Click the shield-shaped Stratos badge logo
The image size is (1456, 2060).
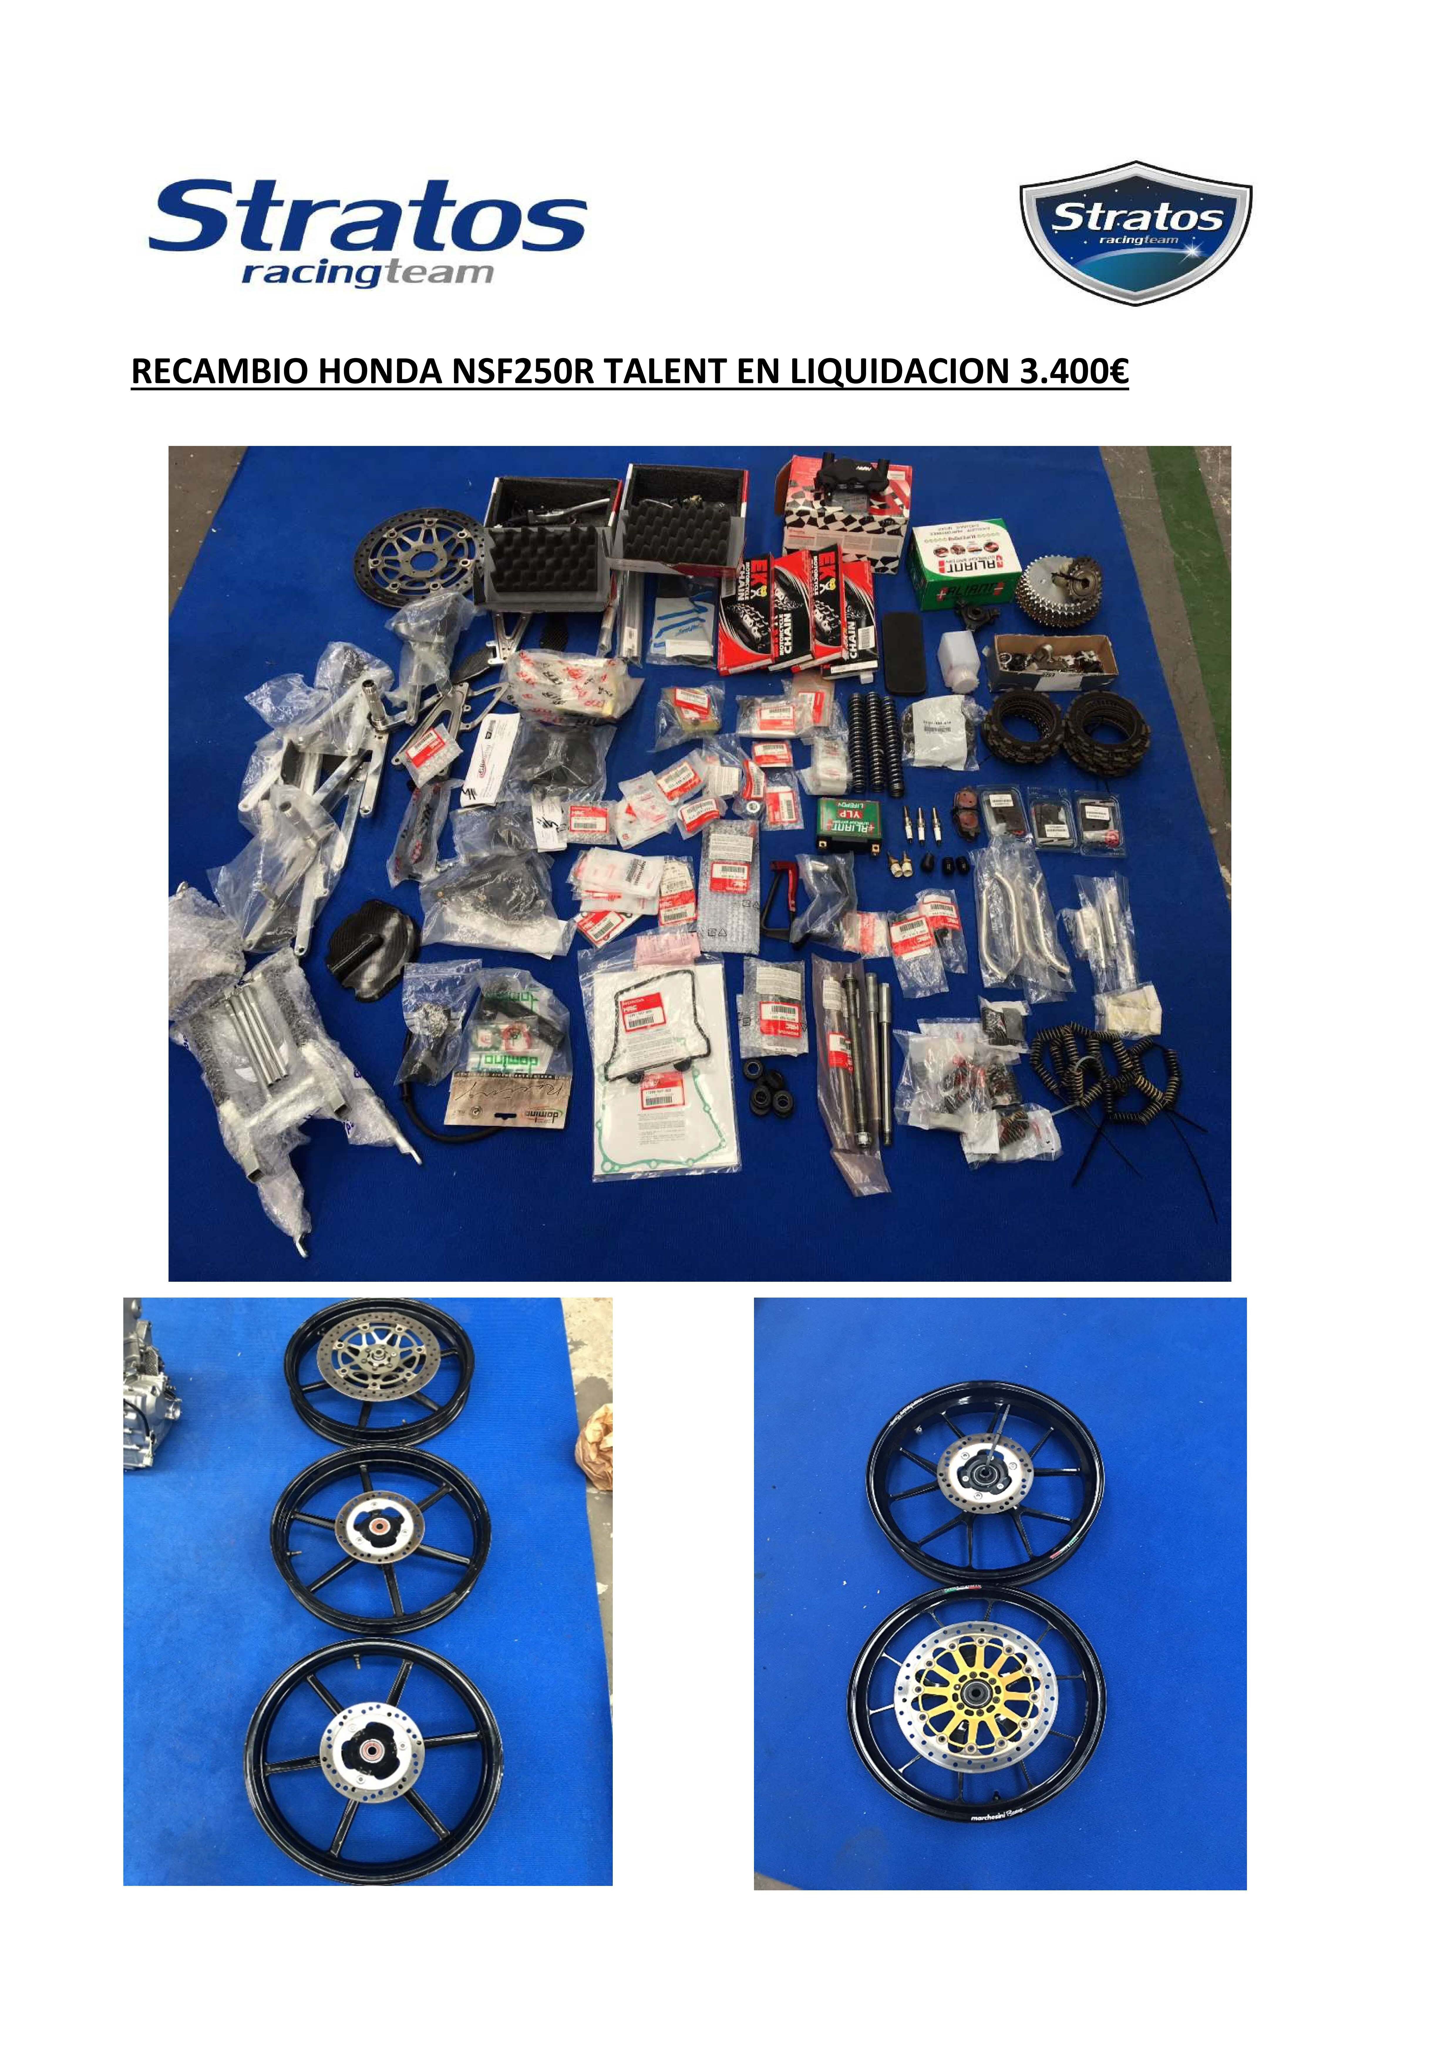[x=1136, y=233]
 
